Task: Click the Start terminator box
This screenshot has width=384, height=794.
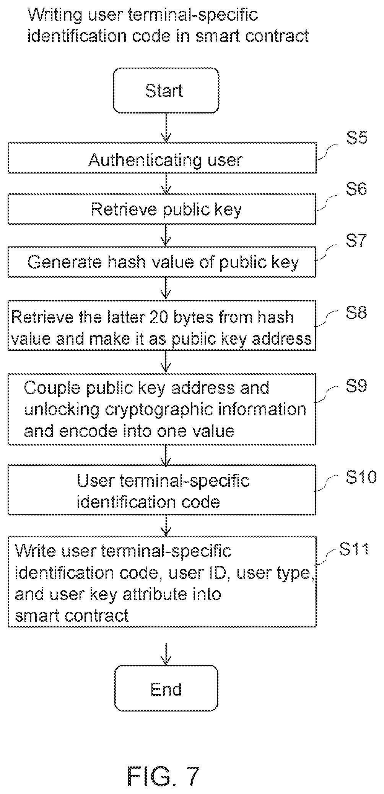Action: click(166, 91)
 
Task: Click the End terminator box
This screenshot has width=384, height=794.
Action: click(166, 688)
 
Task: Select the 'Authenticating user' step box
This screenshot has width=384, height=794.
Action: click(162, 158)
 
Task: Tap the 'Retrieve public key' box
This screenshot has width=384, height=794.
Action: click(162, 209)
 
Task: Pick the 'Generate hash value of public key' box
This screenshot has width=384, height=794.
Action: click(162, 262)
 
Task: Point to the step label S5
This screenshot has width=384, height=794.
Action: click(357, 138)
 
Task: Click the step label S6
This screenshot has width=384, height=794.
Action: click(357, 189)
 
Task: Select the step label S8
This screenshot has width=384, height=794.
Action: click(357, 312)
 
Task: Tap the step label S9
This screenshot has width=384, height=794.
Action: click(357, 386)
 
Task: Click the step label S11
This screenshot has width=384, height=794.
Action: click(354, 549)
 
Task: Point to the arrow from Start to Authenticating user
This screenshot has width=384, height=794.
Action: click(166, 128)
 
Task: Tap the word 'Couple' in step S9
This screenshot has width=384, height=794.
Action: click(52, 388)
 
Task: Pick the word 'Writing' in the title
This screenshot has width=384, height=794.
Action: click(55, 15)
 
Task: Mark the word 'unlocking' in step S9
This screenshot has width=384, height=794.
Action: click(61, 410)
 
